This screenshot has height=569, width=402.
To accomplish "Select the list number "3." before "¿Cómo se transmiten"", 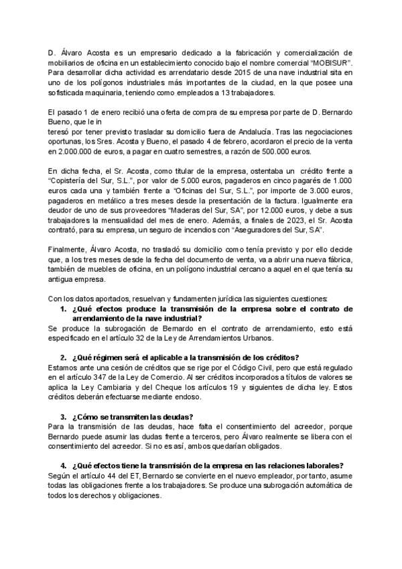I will coord(63,417).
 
